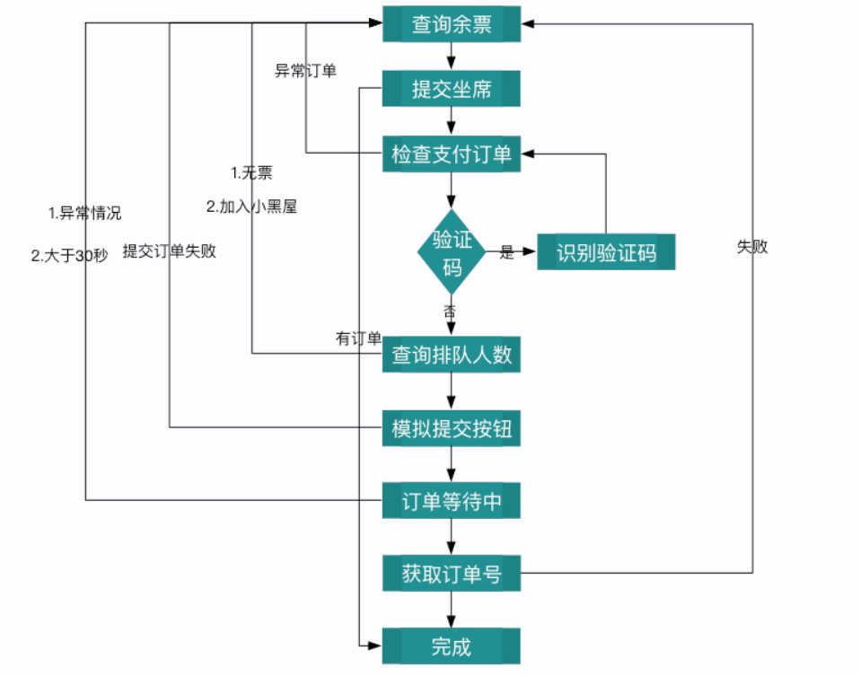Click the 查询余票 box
pos(452,24)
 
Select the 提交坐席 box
pos(452,89)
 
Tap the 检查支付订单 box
pos(452,154)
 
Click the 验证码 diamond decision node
pos(452,253)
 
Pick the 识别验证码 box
pos(606,253)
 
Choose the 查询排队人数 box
pos(452,355)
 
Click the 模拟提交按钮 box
pos(452,428)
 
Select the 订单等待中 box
pos(452,501)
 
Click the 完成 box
pos(452,646)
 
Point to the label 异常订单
pos(305,71)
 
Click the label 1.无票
pos(251,172)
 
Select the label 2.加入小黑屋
pos(251,206)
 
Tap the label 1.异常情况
pos(84,214)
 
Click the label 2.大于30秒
pos(69,255)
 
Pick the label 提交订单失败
pos(170,251)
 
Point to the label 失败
pos(752,247)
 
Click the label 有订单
pos(358,338)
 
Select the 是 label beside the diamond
pos(507,253)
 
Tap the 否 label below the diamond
pos(449,311)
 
